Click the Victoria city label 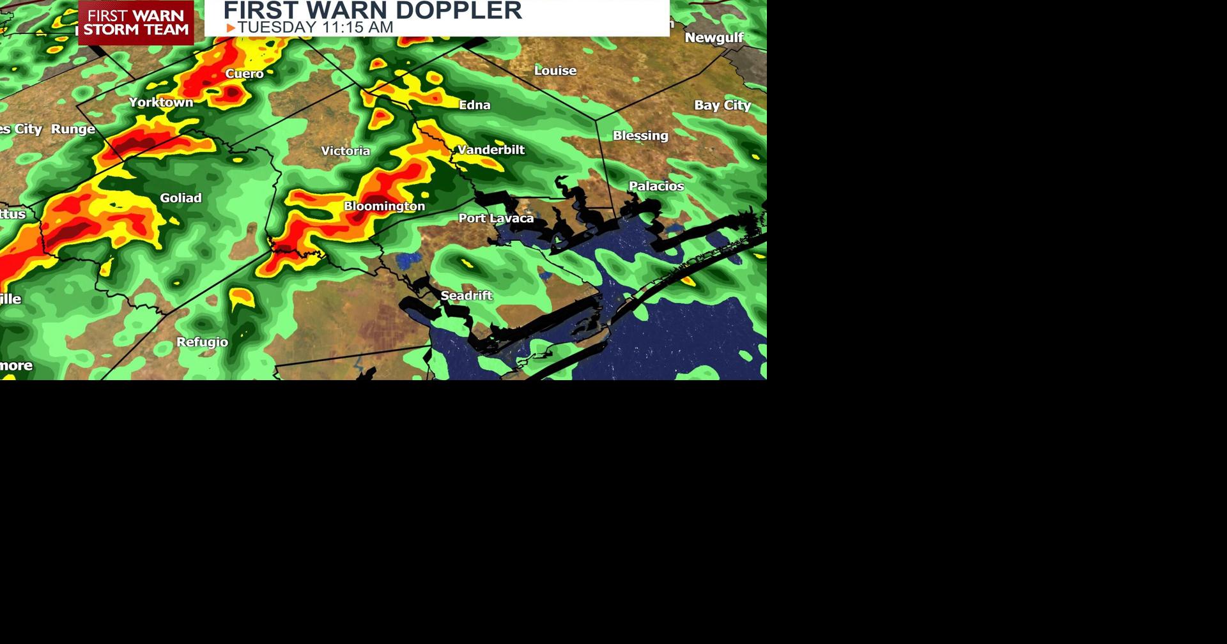pos(345,151)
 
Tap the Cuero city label pos(244,73)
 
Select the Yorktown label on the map pos(161,102)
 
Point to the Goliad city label pos(181,198)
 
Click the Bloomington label pos(384,206)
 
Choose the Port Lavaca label pos(496,218)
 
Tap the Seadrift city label pos(467,295)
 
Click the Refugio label pos(202,342)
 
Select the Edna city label pos(475,105)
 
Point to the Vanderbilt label pos(491,149)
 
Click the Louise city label pos(555,70)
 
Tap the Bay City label pos(722,105)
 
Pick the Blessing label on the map pos(640,135)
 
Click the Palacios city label pos(656,186)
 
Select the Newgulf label pos(714,38)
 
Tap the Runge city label pos(73,129)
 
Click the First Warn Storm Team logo pos(136,22)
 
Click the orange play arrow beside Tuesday pos(231,28)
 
